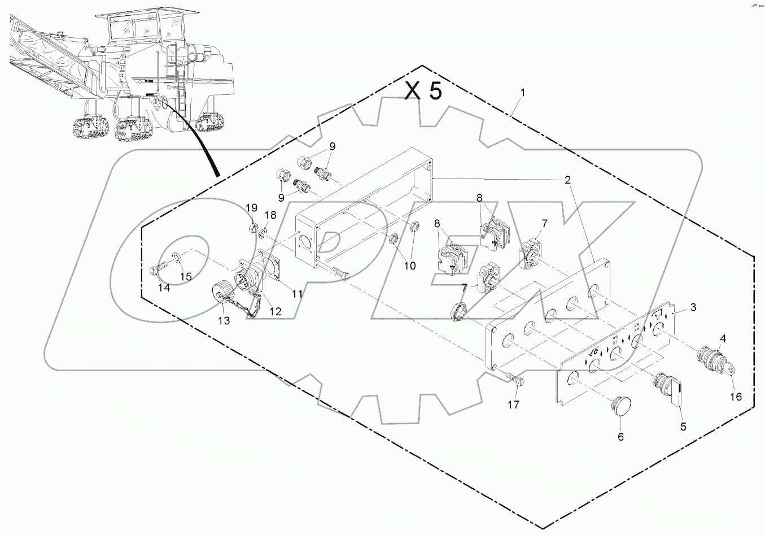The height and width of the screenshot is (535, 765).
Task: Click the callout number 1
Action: coord(522,93)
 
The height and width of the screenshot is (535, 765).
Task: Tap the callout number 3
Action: coord(693,308)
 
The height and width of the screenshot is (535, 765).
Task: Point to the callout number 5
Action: coord(683,427)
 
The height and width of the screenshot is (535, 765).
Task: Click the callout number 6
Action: coord(620,437)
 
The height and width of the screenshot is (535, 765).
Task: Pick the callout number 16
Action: coord(736,397)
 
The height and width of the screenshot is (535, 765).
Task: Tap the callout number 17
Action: coord(513,404)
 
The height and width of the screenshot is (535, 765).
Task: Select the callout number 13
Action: coord(224,321)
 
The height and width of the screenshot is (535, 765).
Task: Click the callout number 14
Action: coord(163,288)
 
